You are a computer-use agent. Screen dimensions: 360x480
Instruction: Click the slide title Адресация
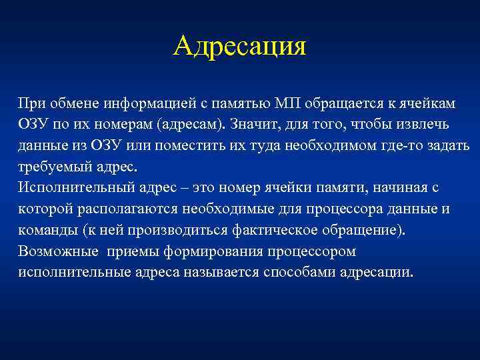click(x=240, y=47)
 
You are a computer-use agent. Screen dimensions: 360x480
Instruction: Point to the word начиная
click(x=406, y=189)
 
